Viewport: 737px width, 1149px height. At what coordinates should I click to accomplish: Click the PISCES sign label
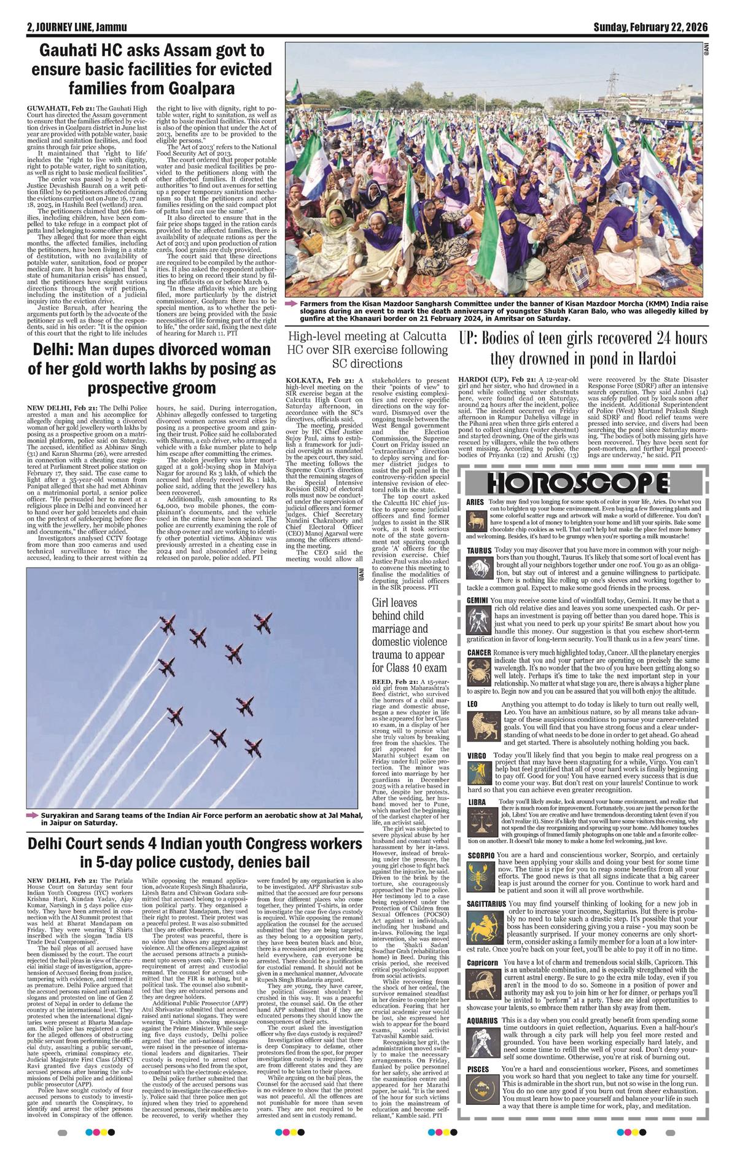pos(478,1070)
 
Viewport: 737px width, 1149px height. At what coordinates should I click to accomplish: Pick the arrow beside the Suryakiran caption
pos(33,815)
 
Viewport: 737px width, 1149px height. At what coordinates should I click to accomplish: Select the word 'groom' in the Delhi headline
pos(187,388)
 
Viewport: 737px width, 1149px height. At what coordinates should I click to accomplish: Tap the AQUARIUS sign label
pos(482,1021)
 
